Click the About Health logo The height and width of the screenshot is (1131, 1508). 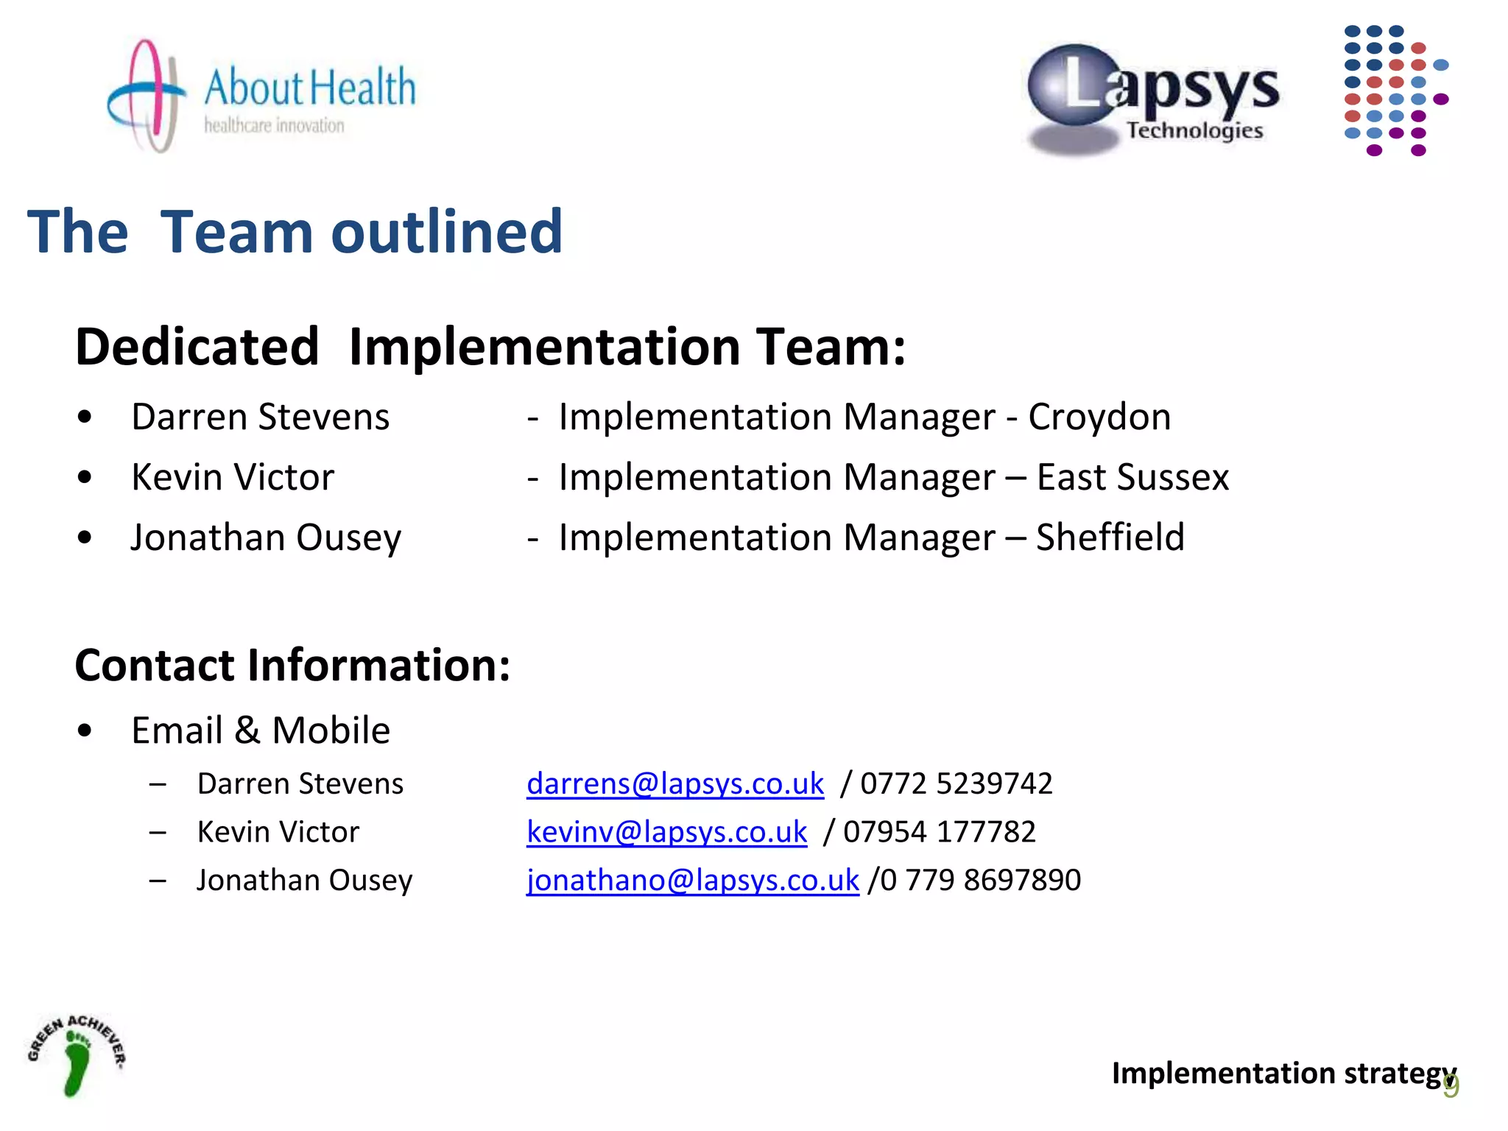pos(261,96)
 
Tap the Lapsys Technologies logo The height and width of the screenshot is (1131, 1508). pos(1154,99)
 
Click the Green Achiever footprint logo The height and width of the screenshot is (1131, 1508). pos(77,1054)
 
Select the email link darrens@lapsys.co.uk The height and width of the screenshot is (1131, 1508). pos(674,783)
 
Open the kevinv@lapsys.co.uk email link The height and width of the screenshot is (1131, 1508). pos(666,832)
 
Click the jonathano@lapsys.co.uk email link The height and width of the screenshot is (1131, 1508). pos(692,880)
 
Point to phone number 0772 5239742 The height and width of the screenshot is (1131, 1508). pos(956,783)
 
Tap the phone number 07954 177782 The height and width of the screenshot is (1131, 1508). pos(939,832)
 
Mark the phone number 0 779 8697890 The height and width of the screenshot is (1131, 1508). pos(979,880)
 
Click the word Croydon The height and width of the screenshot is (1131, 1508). pos(1099,417)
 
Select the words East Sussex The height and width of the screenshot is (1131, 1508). pos(1132,477)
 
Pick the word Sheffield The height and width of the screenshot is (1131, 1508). pos(1110,538)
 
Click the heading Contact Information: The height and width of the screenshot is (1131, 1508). pos(292,666)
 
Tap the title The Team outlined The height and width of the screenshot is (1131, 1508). pos(295,232)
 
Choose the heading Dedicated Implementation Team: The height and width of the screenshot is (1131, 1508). pos(490,347)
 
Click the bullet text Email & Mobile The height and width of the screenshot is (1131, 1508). pos(260,730)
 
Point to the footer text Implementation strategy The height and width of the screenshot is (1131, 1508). pos(1281,1073)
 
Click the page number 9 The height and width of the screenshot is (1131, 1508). pos(1451,1087)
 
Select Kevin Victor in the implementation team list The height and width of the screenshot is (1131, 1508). pos(233,477)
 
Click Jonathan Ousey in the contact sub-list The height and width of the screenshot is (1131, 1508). pos(304,880)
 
